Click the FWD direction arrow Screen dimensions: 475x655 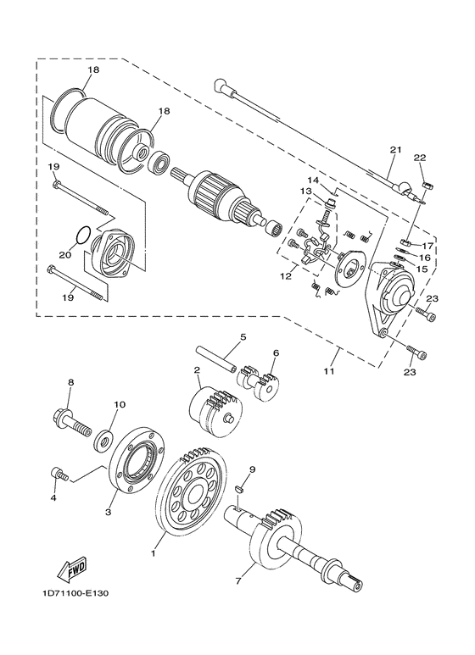[73, 569]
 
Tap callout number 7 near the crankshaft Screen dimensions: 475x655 [238, 581]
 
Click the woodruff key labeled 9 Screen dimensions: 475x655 [240, 487]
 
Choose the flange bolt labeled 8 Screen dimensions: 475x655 [73, 422]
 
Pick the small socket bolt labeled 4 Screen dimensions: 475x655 [59, 475]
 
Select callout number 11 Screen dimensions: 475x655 [329, 370]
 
